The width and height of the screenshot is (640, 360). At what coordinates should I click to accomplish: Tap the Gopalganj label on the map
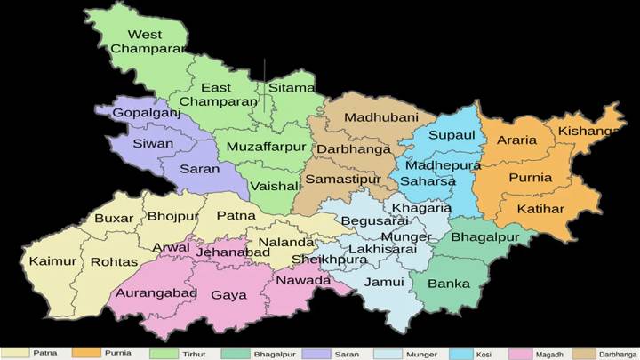click(x=145, y=113)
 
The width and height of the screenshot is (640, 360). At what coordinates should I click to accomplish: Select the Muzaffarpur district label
click(x=266, y=146)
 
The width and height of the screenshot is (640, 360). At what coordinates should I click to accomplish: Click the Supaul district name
click(x=452, y=135)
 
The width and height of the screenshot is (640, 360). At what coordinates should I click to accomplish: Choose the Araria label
click(x=516, y=140)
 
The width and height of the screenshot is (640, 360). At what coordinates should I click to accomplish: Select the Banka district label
click(x=449, y=284)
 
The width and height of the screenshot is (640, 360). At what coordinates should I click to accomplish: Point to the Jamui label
click(x=385, y=282)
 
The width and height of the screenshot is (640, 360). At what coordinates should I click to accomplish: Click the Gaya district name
click(x=228, y=294)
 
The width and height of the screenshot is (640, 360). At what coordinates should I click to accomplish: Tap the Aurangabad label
click(x=156, y=293)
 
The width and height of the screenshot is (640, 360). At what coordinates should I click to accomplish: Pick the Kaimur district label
click(x=52, y=261)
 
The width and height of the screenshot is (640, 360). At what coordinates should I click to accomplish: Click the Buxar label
click(x=114, y=218)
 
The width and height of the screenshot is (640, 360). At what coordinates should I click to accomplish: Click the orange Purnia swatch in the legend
click(x=86, y=353)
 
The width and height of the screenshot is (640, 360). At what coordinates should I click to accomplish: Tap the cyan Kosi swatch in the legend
click(x=464, y=353)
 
